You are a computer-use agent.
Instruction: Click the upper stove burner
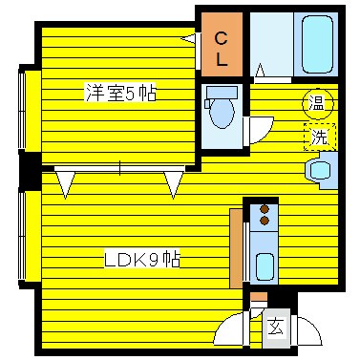click(x=265, y=207)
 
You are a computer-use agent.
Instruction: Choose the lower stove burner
click(x=265, y=222)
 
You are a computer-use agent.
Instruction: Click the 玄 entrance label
click(x=275, y=327)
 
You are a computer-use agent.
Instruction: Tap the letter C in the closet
click(x=221, y=38)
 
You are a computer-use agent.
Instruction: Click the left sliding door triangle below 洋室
click(x=66, y=182)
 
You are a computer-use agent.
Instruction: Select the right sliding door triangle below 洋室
click(x=173, y=182)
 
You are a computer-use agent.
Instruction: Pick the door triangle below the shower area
click(x=260, y=70)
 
